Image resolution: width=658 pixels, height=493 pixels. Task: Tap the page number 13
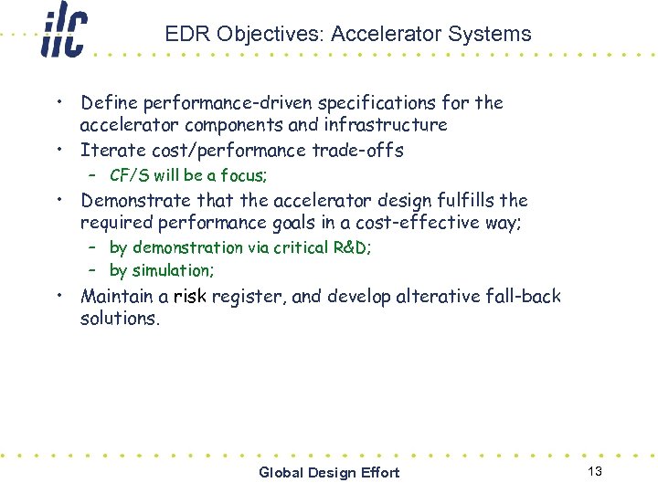pos(595,471)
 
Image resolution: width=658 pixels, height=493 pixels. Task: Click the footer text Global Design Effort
pos(329,472)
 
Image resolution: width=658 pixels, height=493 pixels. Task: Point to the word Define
pos(108,102)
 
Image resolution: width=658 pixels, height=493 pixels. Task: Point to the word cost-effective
pos(405,222)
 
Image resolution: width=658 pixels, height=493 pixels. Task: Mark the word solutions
pos(119,318)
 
